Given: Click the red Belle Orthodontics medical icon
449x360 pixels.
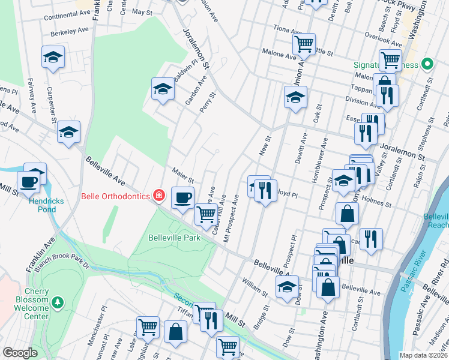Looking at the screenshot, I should point(158,195).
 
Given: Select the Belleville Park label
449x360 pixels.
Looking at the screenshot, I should point(173,238).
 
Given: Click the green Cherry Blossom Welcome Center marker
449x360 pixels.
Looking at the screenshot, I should point(58,301).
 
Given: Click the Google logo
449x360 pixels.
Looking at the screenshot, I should point(20,353).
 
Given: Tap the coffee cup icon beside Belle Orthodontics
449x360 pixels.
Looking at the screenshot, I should point(183,196).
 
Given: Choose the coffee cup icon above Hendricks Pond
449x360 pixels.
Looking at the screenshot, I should point(28,181).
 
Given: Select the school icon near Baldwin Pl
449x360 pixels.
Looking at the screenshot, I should point(162,89).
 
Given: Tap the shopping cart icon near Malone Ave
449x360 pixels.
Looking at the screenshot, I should point(304,43).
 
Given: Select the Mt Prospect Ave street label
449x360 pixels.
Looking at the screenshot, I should point(233,218).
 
